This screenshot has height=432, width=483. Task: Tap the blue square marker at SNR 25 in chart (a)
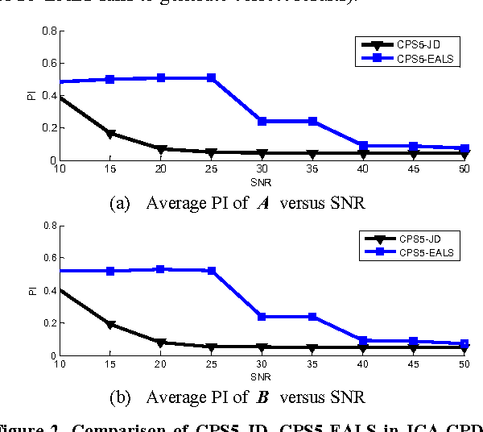click(x=211, y=78)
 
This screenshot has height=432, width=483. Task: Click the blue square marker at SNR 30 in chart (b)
click(x=262, y=317)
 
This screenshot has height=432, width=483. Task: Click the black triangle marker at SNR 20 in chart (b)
click(x=160, y=343)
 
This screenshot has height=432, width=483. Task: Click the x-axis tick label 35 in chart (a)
click(x=312, y=169)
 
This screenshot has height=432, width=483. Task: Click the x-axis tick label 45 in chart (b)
click(x=414, y=364)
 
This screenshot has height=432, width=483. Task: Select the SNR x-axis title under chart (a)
click(x=261, y=181)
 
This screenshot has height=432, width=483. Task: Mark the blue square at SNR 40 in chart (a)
click(x=363, y=146)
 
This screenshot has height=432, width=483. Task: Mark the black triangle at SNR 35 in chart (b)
click(x=312, y=348)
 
